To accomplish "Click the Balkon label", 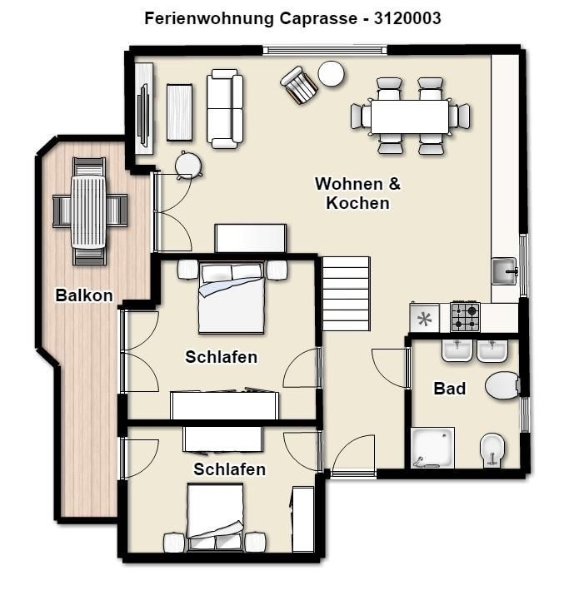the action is (x=84, y=295).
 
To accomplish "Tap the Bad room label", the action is (x=450, y=388).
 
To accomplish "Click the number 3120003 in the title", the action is (x=407, y=18).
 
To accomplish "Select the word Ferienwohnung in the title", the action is (x=209, y=18).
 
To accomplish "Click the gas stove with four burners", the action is (x=465, y=317).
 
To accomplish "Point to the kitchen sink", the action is (x=505, y=271).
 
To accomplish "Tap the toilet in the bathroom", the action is (x=502, y=385).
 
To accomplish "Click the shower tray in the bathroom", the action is (x=432, y=448).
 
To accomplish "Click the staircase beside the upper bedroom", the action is (x=346, y=294).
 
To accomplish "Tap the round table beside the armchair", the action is (x=331, y=74).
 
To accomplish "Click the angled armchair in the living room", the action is (x=299, y=86).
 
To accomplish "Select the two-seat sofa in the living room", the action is (x=225, y=109).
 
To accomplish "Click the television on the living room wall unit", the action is (x=143, y=115).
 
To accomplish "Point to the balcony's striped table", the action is (x=88, y=211).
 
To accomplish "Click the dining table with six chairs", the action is (x=410, y=117).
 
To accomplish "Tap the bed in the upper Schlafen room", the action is (x=232, y=297).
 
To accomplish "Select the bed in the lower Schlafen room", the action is (x=215, y=516).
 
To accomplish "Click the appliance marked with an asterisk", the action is (x=425, y=319).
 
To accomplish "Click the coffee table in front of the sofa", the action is (x=179, y=112).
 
